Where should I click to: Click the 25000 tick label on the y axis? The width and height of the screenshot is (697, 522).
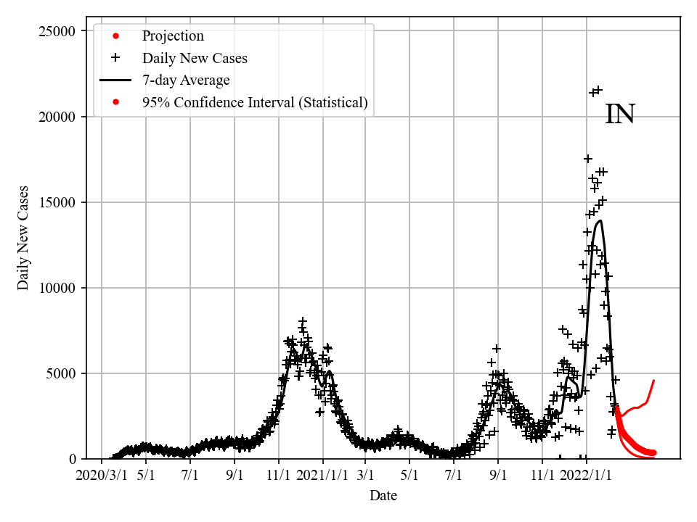point(56,31)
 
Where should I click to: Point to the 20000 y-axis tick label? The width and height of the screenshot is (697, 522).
point(56,117)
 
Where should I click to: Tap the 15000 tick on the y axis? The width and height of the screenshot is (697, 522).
point(56,202)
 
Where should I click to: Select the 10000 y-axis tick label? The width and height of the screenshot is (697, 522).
point(56,288)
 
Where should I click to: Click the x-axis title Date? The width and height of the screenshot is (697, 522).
point(383,496)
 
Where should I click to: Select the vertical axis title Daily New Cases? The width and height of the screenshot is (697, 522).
point(24,238)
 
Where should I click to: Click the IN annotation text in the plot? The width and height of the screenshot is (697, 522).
point(620,115)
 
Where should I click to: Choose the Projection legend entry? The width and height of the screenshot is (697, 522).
point(173,36)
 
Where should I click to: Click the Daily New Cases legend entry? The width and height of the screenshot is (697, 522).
point(195,58)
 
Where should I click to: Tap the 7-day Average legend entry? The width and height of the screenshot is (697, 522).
point(186,80)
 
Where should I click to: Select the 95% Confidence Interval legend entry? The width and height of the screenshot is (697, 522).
point(255,103)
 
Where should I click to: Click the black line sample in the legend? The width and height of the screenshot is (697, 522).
point(115,80)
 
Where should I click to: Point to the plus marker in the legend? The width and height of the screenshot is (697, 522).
point(115,58)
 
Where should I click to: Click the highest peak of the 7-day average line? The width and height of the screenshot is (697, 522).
point(600,220)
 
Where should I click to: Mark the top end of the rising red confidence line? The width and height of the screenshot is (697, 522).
point(654,380)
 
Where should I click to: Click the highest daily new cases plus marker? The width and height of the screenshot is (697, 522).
point(598,90)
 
